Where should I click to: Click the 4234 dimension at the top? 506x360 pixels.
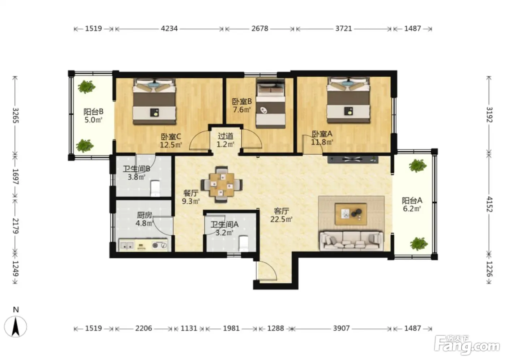tap(169, 29)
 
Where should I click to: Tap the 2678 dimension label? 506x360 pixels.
tap(260, 29)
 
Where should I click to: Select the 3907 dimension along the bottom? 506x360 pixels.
tap(341, 328)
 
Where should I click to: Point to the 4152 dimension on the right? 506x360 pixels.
tap(489, 204)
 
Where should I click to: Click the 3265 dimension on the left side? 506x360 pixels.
tap(15, 115)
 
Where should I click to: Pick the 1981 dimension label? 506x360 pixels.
tap(231, 328)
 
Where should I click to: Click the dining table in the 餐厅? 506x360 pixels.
tap(222, 184)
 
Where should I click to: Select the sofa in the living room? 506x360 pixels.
tap(351, 240)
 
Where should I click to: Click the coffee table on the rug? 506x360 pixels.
tap(351, 214)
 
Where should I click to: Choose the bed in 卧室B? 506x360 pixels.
tap(270, 103)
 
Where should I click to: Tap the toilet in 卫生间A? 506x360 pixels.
tap(244, 244)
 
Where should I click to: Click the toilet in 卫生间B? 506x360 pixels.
tap(155, 188)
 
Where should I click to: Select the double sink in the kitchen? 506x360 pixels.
tap(126, 245)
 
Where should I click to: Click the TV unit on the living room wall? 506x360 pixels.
tap(353, 159)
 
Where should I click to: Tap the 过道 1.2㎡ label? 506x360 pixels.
tap(226, 140)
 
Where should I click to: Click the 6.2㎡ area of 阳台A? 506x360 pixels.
tap(412, 209)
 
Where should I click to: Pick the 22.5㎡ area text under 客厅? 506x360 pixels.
tap(281, 219)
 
